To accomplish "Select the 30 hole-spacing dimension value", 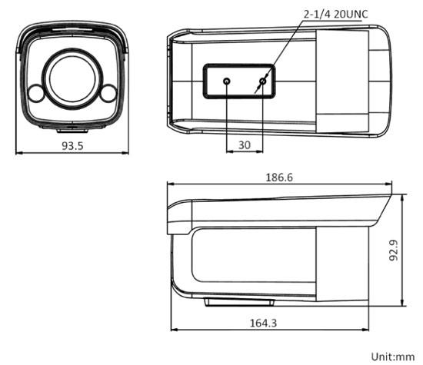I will tap(245, 144).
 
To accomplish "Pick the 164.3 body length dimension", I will tap(264, 324).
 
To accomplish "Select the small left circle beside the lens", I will tap(35, 94).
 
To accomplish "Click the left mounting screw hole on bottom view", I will tap(227, 81).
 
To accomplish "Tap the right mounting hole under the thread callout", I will tap(263, 81).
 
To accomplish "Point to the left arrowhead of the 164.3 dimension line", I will tap(172, 331).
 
